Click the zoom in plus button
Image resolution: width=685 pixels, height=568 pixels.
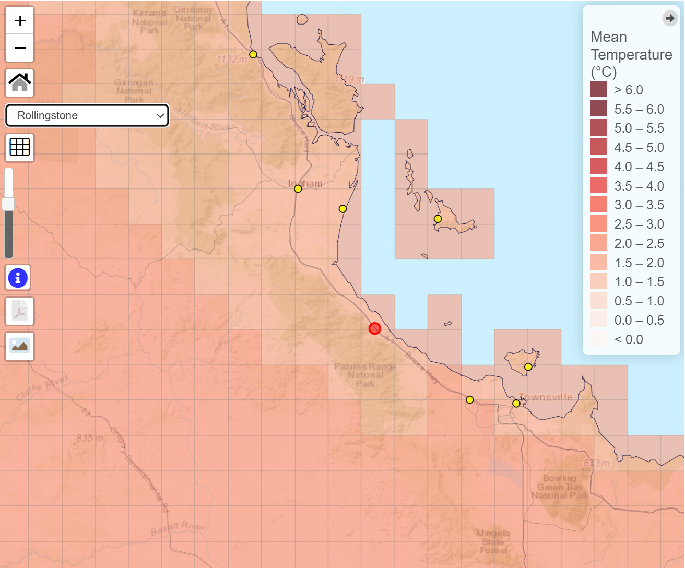20,21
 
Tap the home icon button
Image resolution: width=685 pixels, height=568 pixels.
20,82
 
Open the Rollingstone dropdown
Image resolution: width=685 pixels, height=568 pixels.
87,115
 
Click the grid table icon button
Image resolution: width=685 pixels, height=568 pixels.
20,147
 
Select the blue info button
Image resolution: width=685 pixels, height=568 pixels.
18,277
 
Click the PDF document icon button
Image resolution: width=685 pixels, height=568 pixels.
20,312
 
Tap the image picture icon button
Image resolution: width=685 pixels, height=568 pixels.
20,346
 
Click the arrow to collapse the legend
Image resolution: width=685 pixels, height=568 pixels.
669,18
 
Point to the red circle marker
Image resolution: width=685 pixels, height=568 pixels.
374,328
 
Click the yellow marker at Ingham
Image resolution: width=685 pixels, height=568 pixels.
298,188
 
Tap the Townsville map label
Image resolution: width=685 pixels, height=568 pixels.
546,397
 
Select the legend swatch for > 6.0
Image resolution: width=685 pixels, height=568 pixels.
599,90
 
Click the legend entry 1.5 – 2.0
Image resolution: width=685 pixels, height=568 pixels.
639,263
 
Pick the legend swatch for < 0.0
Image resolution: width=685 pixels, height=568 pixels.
599,339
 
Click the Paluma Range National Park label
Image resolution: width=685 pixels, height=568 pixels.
365,375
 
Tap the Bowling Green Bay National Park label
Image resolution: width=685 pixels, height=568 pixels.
560,487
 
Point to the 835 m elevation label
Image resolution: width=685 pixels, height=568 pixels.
90,438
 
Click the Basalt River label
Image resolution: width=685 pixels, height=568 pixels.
178,528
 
